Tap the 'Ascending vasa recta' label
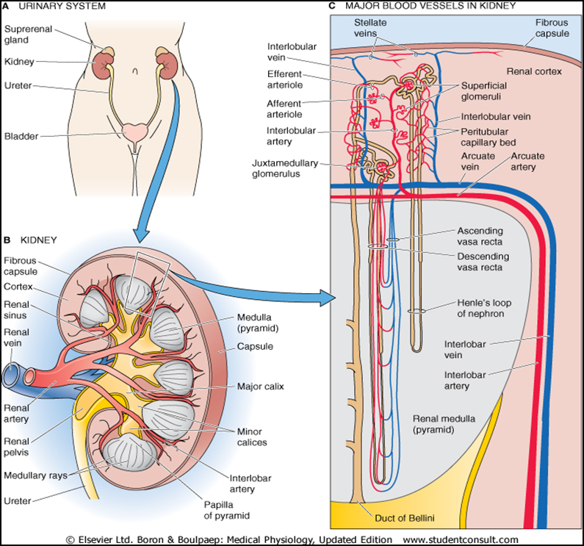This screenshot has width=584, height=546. tap(487, 236)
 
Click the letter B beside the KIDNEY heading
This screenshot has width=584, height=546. tap(7, 240)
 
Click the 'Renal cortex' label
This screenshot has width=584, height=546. tap(533, 71)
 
